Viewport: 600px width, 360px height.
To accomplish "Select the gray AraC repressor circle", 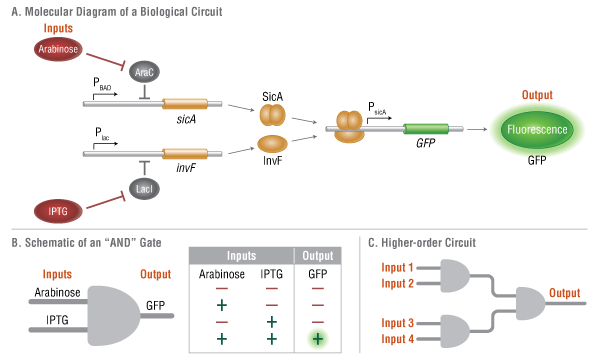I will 146,74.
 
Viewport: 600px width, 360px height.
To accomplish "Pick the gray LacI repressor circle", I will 146,186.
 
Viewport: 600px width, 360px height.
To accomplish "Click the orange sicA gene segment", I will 185,104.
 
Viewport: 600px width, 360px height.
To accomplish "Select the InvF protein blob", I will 273,147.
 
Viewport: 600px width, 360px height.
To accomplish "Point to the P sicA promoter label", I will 376,110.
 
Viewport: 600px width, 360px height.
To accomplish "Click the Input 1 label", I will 400,268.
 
